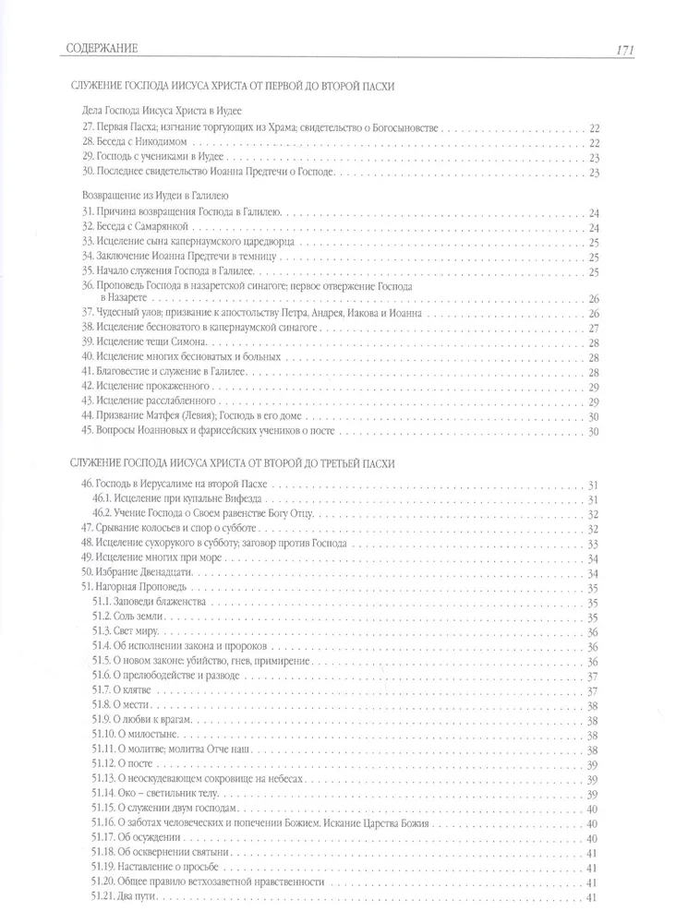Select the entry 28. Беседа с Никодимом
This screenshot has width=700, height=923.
click(x=134, y=142)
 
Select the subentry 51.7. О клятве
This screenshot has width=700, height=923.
click(x=127, y=689)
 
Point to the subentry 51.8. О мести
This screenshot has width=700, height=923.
click(x=126, y=704)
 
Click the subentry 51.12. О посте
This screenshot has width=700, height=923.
click(x=127, y=763)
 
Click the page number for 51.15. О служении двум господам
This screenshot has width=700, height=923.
click(x=593, y=808)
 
